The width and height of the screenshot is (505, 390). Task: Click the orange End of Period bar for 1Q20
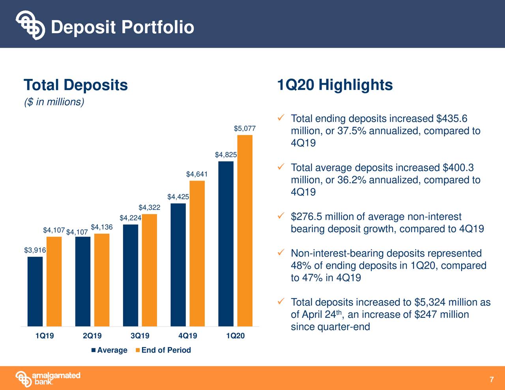[x=245, y=231]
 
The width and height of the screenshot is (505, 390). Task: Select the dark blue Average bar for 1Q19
[x=35, y=291]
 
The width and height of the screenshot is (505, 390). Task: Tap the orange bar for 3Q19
[x=149, y=270]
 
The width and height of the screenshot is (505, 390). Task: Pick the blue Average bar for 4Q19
[x=178, y=265]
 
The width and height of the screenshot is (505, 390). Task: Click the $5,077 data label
[x=245, y=129]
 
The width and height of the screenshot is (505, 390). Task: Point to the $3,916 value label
[x=35, y=250]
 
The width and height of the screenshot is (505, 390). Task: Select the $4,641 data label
[x=197, y=174]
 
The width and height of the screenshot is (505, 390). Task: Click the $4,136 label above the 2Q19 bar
[x=102, y=227]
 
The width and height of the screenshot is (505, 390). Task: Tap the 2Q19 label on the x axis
[x=92, y=336]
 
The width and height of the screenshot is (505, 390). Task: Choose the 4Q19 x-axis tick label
[x=187, y=336]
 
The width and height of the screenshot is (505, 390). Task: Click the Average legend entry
[x=109, y=350]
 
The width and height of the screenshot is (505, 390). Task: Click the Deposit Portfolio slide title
[x=122, y=27]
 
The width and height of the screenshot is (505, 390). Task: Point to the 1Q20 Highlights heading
[x=335, y=85]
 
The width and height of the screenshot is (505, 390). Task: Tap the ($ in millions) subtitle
[x=54, y=102]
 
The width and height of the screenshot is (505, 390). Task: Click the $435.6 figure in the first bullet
[x=452, y=119]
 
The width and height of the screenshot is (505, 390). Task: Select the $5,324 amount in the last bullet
[x=430, y=302]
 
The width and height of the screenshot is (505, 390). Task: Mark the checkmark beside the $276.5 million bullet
[x=281, y=216]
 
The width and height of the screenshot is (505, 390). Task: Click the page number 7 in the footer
[x=491, y=380]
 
